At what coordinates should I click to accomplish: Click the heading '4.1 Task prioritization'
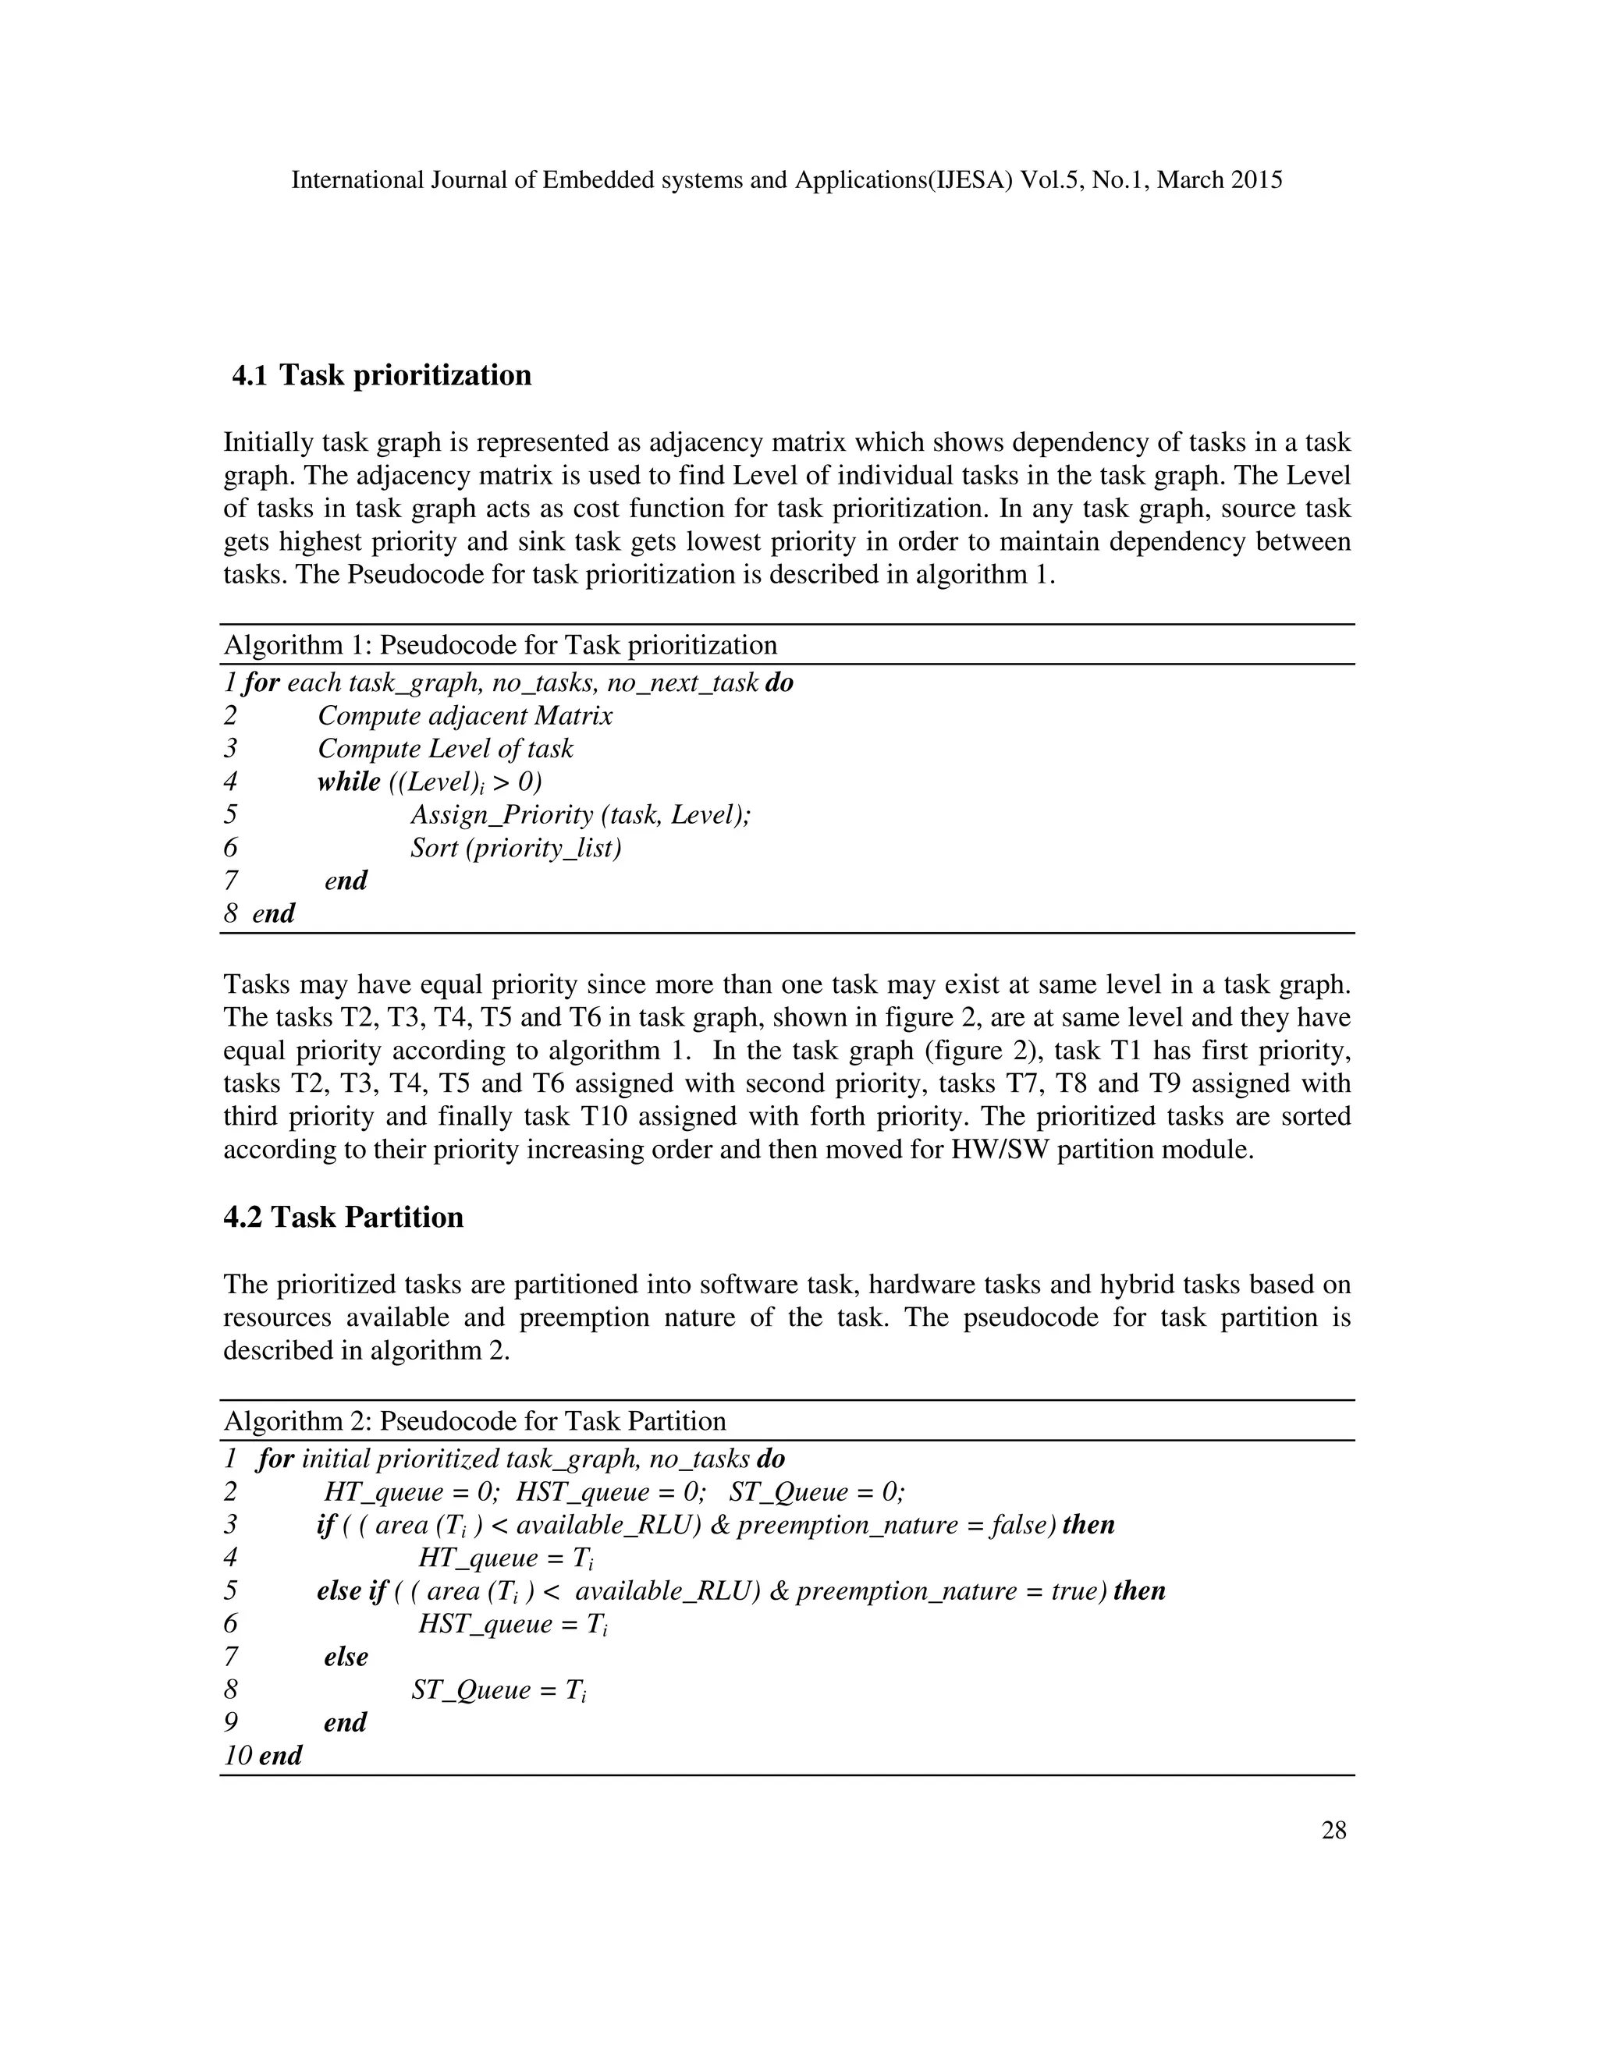382,374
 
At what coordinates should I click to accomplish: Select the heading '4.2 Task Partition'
343,1216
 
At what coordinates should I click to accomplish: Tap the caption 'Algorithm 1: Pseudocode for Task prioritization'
500,646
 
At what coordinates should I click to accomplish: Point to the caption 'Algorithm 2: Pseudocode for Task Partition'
474,1420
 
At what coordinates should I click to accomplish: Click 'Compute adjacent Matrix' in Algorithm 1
465,715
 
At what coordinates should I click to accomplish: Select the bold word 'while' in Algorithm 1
348,782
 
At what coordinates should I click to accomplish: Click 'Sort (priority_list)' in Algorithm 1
516,847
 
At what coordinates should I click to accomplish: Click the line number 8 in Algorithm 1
230,913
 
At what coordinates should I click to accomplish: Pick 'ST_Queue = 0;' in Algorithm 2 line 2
817,1492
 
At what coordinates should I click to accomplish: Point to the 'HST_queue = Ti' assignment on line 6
512,1624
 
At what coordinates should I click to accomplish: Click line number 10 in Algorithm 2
238,1756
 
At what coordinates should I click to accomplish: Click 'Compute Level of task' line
445,749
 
